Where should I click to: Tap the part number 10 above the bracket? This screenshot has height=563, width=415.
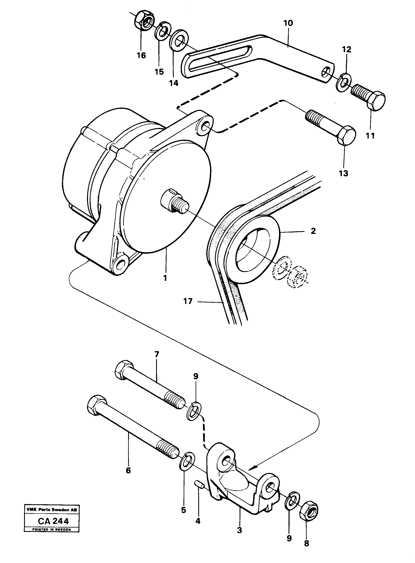tap(288, 23)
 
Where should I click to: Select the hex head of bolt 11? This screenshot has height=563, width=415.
tap(376, 101)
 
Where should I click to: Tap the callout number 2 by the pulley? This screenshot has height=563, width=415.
tap(313, 231)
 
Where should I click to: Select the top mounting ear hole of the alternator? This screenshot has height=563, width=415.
tap(205, 126)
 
